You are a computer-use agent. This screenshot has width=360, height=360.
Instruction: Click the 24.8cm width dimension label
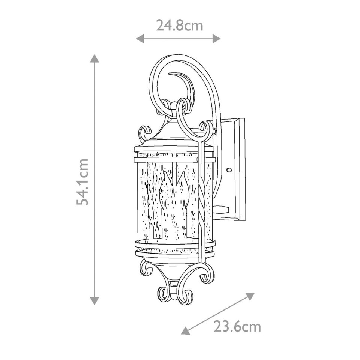[x=179, y=25]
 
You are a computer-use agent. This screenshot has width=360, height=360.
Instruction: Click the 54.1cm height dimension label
[x=83, y=181]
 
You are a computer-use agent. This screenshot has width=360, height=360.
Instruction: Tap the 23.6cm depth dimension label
[x=237, y=327]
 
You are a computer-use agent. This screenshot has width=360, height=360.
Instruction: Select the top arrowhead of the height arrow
[x=94, y=58]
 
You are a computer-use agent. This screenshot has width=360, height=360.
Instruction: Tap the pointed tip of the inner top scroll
[x=170, y=73]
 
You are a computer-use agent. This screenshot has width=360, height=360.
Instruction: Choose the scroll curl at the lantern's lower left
[x=145, y=268]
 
